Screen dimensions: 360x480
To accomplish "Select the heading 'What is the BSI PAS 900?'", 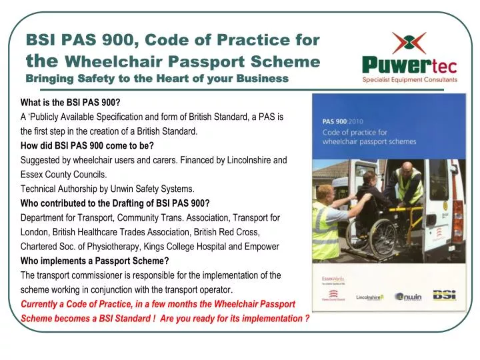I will click(x=71, y=103).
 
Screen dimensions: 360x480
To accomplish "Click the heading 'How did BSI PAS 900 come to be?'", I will click(x=87, y=146).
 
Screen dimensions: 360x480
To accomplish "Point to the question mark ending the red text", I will click(x=307, y=319).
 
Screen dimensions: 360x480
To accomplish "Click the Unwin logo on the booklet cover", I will click(x=409, y=297).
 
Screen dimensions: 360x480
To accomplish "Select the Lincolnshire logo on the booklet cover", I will click(x=369, y=297).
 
